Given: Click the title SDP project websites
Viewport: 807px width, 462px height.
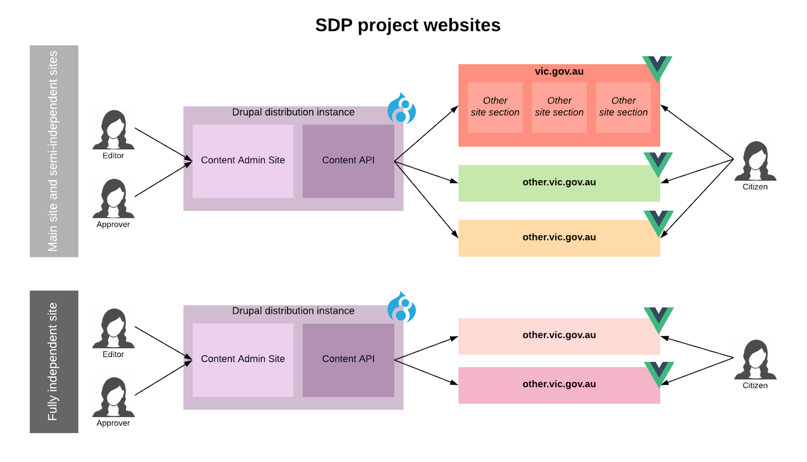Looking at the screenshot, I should pos(408,25).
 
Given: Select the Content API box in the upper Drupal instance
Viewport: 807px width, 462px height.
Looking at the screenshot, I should pos(348,160).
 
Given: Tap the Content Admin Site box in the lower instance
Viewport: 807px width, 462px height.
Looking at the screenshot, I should pos(243,359).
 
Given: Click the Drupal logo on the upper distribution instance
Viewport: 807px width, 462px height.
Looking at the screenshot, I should pos(401,108).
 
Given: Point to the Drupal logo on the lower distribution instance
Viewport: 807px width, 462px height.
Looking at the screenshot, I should pos(401,307).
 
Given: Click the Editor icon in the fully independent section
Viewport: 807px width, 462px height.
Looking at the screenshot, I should pos(113,328).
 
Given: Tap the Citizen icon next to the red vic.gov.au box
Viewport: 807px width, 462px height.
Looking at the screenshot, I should pos(755,161).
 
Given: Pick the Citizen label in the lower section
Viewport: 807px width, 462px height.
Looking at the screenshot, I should pos(755,385).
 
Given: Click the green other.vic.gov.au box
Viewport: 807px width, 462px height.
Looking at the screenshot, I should pos(559,183).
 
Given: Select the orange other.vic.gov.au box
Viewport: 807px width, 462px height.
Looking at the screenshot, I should pos(559,238).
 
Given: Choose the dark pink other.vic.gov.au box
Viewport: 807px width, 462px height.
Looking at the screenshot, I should pos(559,384).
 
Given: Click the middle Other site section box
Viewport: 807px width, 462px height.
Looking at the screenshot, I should pos(559,107).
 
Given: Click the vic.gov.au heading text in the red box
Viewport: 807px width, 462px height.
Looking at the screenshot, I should pos(559,72).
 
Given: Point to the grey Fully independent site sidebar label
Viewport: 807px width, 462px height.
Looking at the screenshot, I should pos(53,361).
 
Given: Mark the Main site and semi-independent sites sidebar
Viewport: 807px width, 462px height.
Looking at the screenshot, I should pos(53,151).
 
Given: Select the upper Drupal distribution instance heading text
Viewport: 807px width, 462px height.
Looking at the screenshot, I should pos(293,112).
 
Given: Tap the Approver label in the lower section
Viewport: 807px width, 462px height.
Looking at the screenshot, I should pos(113,423).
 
